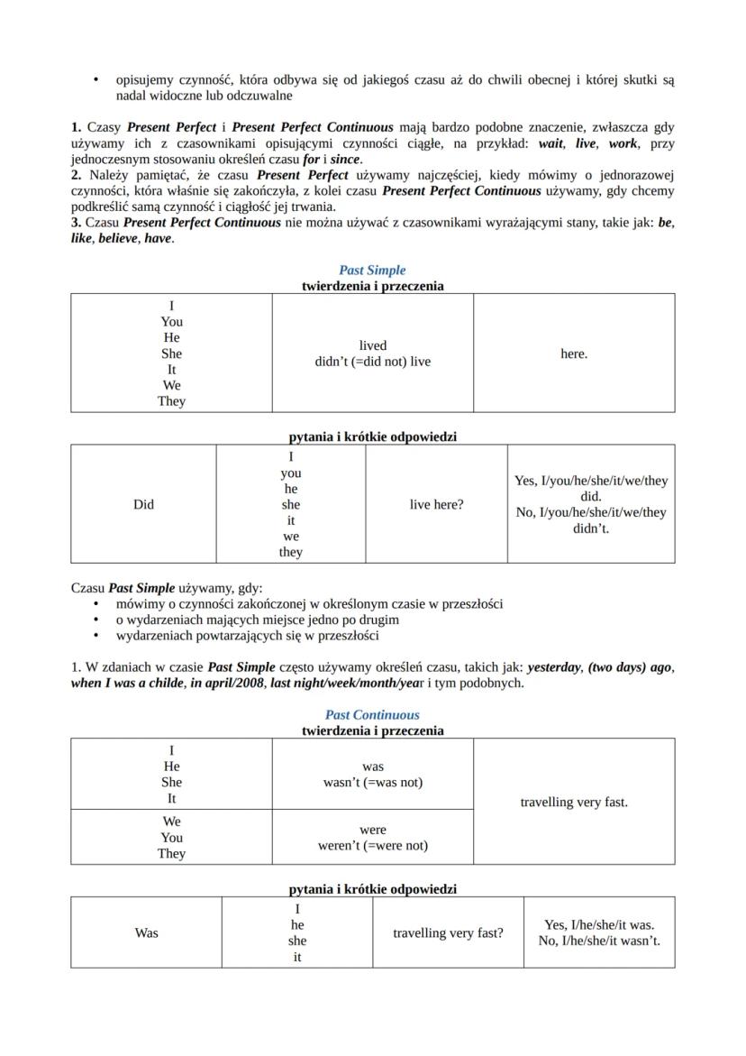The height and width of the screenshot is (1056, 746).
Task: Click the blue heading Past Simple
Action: tap(372, 270)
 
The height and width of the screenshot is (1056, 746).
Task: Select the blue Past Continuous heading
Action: tap(372, 714)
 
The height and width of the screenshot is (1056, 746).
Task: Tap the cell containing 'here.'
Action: tap(573, 354)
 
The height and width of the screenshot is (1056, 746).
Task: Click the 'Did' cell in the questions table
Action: tap(143, 504)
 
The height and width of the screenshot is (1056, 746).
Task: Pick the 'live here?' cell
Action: tap(436, 504)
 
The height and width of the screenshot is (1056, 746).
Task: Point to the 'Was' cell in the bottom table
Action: tap(146, 932)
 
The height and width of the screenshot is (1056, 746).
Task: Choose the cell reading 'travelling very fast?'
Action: tap(448, 932)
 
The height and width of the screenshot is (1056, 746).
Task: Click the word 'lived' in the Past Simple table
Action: tap(372, 345)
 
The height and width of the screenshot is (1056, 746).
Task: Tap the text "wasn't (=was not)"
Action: tap(372, 782)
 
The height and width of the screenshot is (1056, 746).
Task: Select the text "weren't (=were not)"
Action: tap(372, 845)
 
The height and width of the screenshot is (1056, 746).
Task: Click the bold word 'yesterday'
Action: tap(553, 667)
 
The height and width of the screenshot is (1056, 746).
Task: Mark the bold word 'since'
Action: tap(345, 160)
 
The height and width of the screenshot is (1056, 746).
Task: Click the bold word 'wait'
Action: tap(551, 143)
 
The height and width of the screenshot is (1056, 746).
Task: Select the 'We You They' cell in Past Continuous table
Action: tap(171, 837)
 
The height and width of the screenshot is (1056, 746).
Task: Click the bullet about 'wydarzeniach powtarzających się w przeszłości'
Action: tap(247, 635)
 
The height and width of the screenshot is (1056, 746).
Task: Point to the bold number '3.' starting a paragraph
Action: tap(77, 223)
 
